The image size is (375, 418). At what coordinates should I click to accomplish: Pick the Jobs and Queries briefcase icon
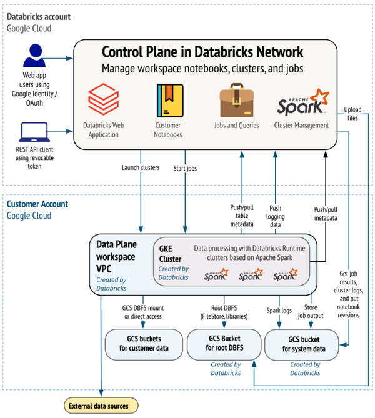click(236, 101)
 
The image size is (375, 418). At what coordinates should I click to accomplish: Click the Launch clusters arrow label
click(141, 167)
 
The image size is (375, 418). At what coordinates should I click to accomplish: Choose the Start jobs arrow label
click(186, 167)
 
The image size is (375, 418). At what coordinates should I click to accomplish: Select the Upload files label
click(353, 114)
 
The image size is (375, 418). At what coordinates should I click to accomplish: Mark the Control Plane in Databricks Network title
click(202, 52)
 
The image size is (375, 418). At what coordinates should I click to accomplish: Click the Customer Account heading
click(37, 204)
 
